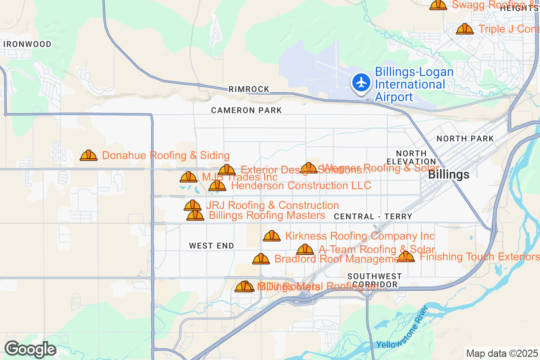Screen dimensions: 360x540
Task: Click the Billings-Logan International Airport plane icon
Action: [360, 83]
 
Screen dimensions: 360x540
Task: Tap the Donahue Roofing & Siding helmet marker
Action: [89, 155]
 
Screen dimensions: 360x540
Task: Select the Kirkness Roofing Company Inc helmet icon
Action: [272, 236]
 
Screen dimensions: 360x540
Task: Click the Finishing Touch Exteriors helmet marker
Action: [406, 256]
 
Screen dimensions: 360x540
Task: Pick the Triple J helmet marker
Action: [465, 29]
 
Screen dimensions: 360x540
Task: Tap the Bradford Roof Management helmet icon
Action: [261, 259]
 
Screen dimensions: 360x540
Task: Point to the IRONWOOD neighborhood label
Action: [27, 44]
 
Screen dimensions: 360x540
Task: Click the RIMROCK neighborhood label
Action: [249, 89]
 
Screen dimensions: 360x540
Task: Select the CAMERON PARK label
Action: [247, 110]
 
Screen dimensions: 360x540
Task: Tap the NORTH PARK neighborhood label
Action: [465, 139]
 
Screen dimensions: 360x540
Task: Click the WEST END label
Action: [211, 246]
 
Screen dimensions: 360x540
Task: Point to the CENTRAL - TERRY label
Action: [373, 216]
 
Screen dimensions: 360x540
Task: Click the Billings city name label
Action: [449, 175]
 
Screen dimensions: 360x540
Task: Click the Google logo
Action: [30, 349]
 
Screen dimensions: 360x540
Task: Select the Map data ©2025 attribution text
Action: [502, 353]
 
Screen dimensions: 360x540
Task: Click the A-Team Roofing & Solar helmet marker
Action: [305, 249]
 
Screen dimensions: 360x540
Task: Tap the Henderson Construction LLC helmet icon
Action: [217, 185]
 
